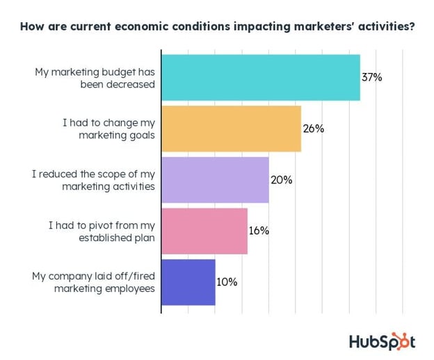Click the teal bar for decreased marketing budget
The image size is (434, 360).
tap(261, 77)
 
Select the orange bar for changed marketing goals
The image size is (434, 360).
tap(231, 129)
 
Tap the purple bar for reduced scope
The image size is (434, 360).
tap(215, 180)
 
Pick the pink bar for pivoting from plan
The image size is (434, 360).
tap(204, 231)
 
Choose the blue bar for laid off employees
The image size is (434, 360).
tap(188, 282)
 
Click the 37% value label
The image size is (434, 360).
tap(371, 77)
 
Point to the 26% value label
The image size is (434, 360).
tap(313, 129)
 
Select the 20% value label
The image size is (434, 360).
tap(281, 180)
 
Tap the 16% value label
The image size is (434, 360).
tap(259, 231)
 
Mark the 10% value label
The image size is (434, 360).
tap(227, 282)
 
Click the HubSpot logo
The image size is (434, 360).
tap(382, 341)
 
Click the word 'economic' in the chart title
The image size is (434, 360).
tap(142, 28)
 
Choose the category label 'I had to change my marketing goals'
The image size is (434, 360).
tap(108, 129)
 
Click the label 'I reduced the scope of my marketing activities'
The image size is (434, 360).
tap(93, 180)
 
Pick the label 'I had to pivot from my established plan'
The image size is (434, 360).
tap(102, 231)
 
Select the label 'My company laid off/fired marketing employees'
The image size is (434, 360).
tap(93, 282)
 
